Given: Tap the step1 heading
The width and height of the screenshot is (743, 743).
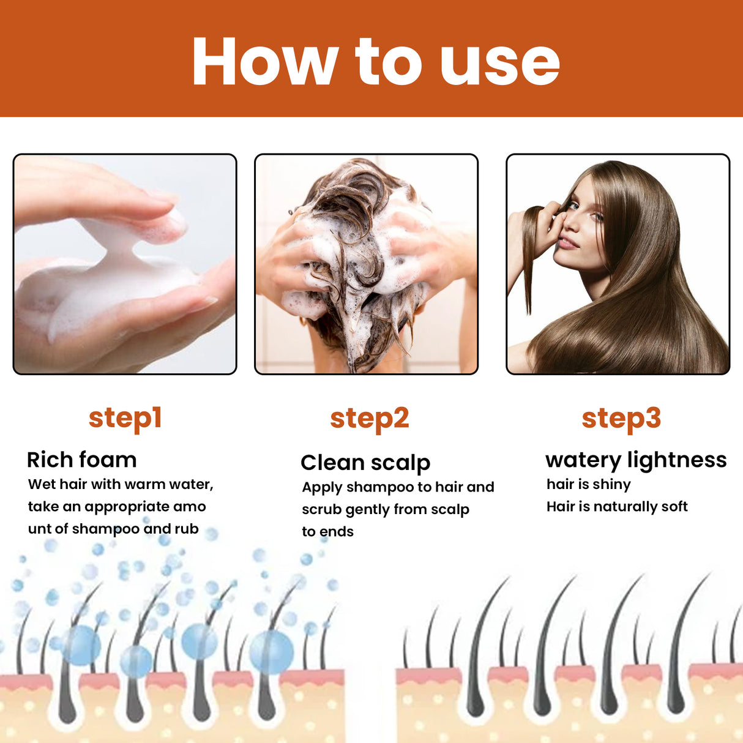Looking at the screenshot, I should pyautogui.click(x=125, y=419).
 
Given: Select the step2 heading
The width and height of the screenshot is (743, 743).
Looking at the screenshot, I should pyautogui.click(x=369, y=419).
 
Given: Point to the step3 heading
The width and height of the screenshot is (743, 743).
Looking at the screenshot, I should pyautogui.click(x=621, y=419).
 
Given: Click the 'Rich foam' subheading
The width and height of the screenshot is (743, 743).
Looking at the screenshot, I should pyautogui.click(x=81, y=460).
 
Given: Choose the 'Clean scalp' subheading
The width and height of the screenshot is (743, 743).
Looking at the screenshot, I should pyautogui.click(x=365, y=463).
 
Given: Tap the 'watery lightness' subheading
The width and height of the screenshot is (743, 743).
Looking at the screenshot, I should pyautogui.click(x=635, y=460).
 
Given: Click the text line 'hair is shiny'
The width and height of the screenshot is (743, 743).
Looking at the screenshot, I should pyautogui.click(x=588, y=485).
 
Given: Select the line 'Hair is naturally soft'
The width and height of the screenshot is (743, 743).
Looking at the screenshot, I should pyautogui.click(x=616, y=507).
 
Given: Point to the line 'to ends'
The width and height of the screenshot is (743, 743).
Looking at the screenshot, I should pyautogui.click(x=327, y=532).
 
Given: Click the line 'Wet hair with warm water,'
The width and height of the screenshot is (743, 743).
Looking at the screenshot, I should pyautogui.click(x=121, y=485).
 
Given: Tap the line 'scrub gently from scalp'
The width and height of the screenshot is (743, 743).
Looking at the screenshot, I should pyautogui.click(x=385, y=510).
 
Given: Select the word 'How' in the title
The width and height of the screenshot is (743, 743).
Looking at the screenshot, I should pyautogui.click(x=264, y=62).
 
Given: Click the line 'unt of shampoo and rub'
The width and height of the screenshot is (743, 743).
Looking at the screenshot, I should pyautogui.click(x=113, y=529).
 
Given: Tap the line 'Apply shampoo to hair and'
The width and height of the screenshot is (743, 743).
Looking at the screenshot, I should pyautogui.click(x=398, y=488).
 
